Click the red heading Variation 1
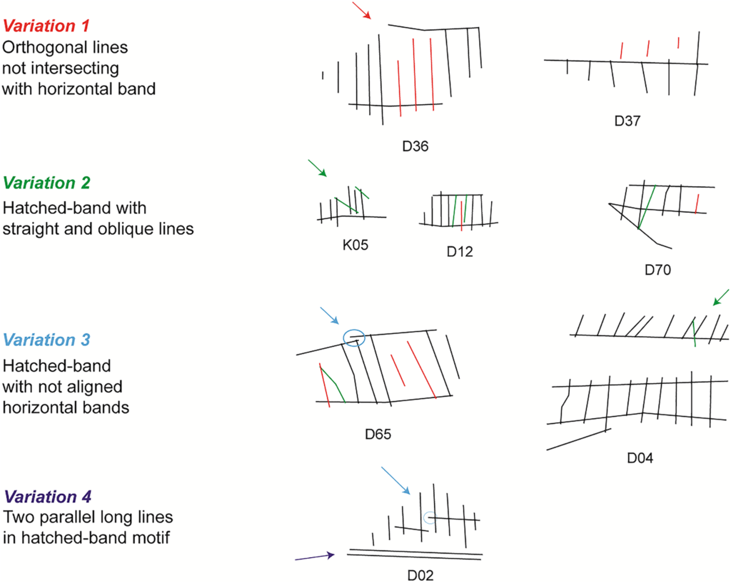click(47, 27)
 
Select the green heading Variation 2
click(47, 183)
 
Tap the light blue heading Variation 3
click(47, 341)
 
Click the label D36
click(414, 146)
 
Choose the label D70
click(658, 270)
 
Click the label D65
click(378, 432)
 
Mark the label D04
click(640, 457)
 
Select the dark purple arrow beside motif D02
click(314, 557)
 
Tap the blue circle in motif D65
click(354, 338)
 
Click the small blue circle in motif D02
click(429, 519)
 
